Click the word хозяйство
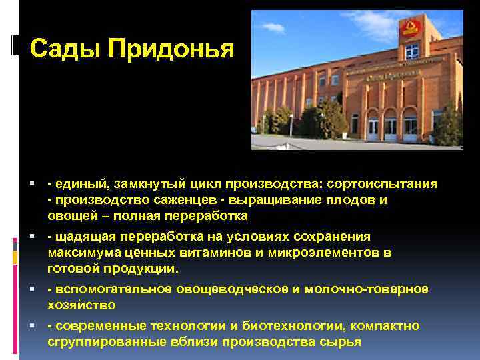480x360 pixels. pyautogui.click(x=82, y=305)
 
